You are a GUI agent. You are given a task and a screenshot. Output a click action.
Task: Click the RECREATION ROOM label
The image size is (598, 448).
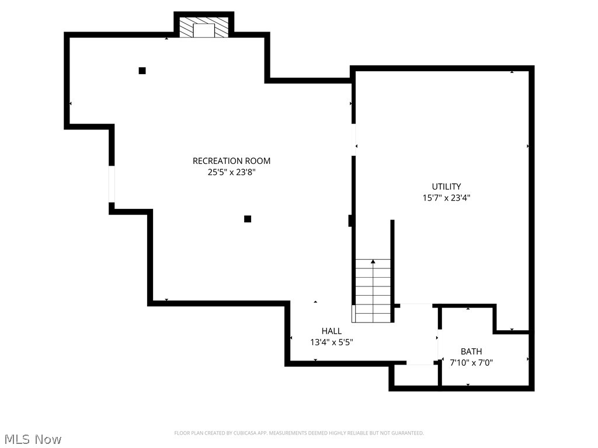click(x=232, y=161)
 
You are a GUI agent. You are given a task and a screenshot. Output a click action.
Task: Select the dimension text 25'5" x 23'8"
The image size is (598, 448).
click(x=232, y=172)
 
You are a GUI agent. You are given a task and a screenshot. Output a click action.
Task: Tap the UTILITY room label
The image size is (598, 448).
click(x=447, y=187)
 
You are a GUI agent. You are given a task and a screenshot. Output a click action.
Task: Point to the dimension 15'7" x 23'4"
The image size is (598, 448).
click(x=447, y=198)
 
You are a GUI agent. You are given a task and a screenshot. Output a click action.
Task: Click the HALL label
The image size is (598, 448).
click(x=332, y=331)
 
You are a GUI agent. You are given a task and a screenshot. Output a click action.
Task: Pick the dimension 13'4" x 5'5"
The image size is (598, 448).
click(x=332, y=342)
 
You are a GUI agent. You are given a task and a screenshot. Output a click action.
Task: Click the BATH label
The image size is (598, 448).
click(x=471, y=351)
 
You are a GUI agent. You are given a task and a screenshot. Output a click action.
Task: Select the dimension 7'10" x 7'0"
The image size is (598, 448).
click(x=471, y=362)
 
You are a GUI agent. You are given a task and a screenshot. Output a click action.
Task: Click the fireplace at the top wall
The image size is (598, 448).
click(x=204, y=27)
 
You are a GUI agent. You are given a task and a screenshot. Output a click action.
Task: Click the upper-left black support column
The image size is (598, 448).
click(x=142, y=71)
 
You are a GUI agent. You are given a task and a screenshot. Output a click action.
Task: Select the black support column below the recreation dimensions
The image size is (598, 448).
click(x=248, y=219)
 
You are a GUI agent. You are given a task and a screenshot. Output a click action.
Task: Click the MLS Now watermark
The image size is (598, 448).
click(x=33, y=439)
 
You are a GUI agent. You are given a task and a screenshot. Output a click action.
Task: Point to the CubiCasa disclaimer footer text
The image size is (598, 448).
click(x=299, y=433)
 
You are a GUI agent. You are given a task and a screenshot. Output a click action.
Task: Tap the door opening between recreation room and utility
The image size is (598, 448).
click(x=353, y=141)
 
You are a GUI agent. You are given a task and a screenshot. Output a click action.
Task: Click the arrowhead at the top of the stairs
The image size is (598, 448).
click(x=373, y=261)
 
